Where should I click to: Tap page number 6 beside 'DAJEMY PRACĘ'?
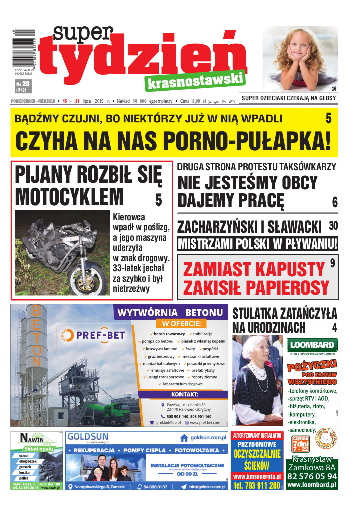tap(334, 202)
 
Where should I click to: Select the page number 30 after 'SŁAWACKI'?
tap(333, 225)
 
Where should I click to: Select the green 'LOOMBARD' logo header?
tap(312, 345)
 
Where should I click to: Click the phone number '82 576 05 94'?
tap(312, 476)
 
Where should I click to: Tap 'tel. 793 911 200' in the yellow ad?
tap(256, 486)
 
